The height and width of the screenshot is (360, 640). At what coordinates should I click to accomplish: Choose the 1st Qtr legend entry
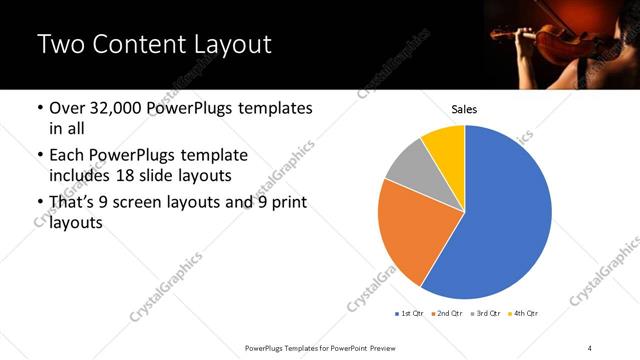[411, 314]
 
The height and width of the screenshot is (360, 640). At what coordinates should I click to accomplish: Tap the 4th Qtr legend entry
[524, 314]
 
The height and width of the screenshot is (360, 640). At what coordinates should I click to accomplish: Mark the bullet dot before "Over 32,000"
[39, 108]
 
